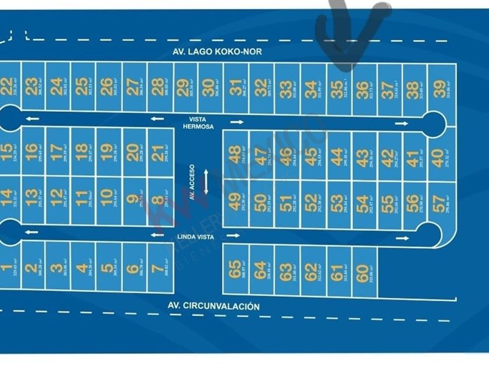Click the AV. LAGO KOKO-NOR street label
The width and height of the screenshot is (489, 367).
(x=217, y=51)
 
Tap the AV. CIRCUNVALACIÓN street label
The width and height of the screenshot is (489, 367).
(x=213, y=306)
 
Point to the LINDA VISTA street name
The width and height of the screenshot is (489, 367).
(x=196, y=237)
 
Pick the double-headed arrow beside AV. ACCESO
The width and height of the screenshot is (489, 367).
(x=205, y=182)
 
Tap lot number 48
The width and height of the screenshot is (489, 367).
(x=234, y=154)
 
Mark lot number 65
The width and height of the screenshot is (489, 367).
(x=234, y=269)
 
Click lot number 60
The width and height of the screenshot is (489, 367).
(x=362, y=272)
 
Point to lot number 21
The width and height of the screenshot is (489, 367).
(x=157, y=153)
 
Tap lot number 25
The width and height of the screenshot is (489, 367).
(x=82, y=87)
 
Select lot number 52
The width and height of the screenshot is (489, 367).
(x=311, y=203)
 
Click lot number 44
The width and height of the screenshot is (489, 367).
(x=336, y=156)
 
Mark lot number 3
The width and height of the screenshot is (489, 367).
(x=56, y=269)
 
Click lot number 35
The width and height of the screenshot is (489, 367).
(x=336, y=89)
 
